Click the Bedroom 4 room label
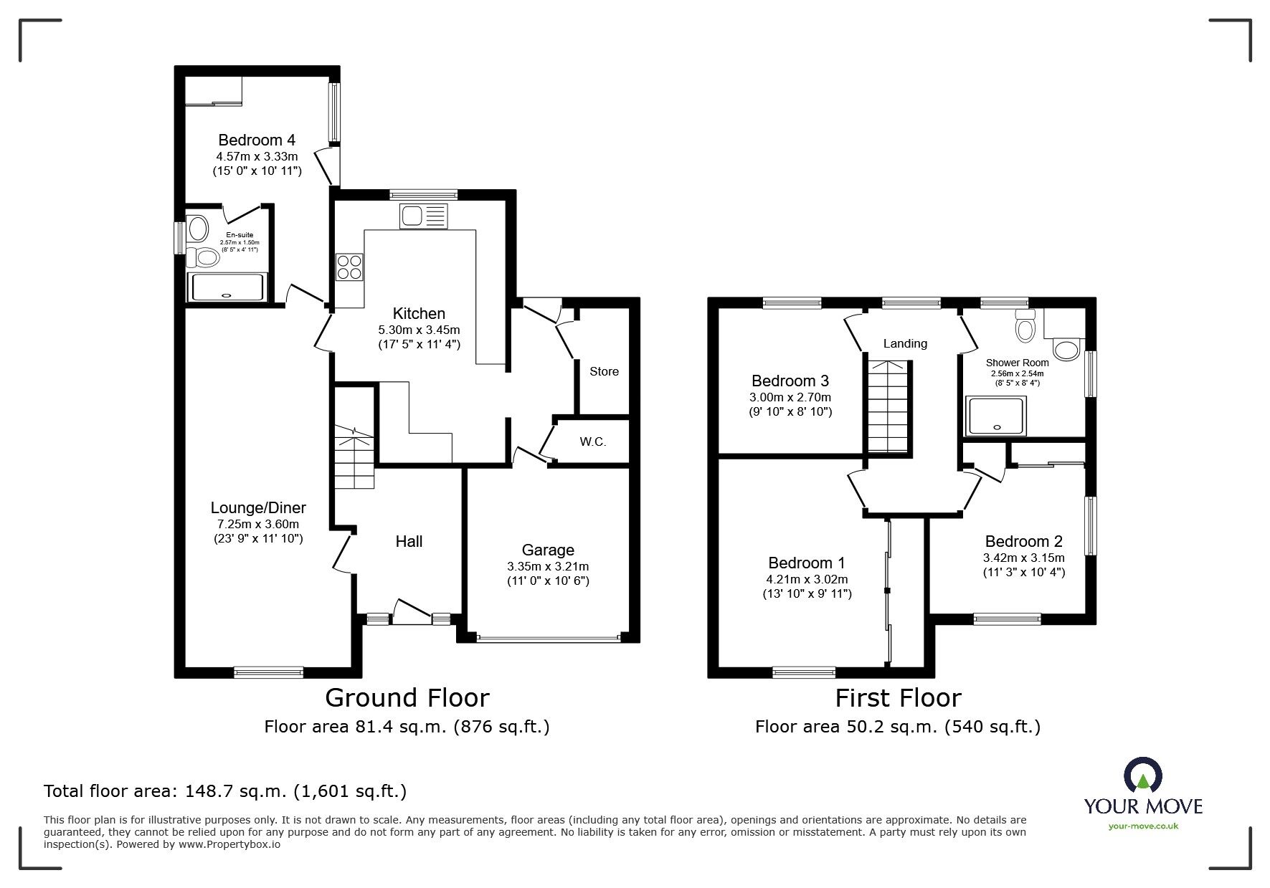coord(257,140)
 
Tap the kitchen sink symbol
coord(424,216)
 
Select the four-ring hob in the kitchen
coord(349,267)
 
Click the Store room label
coord(604,371)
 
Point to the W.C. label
coord(593,441)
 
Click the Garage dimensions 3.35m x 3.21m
coord(548,566)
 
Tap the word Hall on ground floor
coord(409,542)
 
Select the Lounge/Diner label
coord(258,508)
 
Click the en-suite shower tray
coord(228,287)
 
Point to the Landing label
coord(905,343)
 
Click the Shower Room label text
coord(1017,363)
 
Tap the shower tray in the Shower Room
coord(996,416)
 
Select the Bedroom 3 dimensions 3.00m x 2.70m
coord(790,397)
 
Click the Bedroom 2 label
coord(1023,542)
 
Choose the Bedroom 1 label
coord(807,563)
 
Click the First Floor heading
coord(898,697)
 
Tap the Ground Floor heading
coord(407,697)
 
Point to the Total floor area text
coord(225,791)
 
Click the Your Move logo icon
coord(1143,776)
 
